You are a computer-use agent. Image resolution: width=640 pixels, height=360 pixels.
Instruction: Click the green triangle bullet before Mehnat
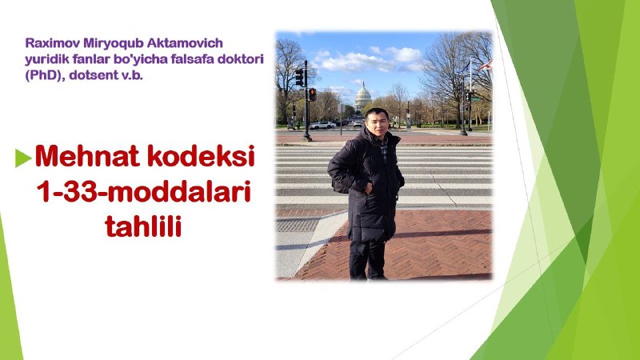23,158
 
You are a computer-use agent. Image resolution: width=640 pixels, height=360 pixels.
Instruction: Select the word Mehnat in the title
88,155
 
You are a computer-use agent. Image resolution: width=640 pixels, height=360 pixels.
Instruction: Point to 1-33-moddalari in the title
144,191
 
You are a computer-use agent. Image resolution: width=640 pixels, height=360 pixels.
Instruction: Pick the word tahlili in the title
143,226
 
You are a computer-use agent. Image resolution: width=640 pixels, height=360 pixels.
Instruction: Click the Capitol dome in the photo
362,96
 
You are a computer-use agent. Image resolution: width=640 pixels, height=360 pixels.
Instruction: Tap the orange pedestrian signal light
312,94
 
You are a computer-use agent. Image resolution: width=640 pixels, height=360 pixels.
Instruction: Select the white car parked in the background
322,126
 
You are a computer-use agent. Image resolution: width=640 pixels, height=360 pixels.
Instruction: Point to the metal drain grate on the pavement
297,226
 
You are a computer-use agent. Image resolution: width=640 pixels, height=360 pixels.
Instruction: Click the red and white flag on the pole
486,66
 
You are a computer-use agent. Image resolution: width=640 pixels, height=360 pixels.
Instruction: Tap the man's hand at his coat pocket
368,188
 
